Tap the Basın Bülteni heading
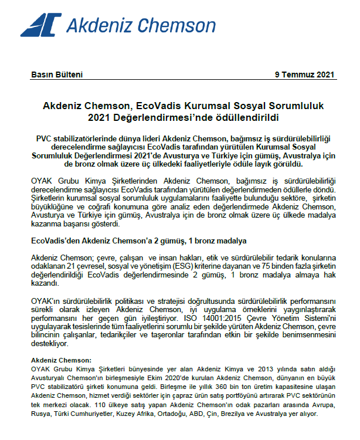click(56, 75)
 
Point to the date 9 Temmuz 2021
click(304, 75)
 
